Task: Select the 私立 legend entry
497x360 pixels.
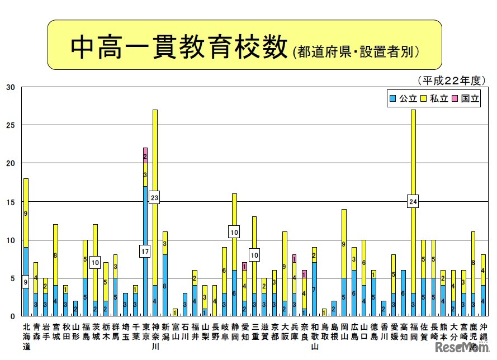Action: tap(434, 98)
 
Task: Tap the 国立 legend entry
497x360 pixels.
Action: tap(466, 98)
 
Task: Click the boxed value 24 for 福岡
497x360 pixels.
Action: tap(413, 202)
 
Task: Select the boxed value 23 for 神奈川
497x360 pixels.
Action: tap(154, 197)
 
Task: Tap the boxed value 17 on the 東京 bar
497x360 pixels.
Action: tap(144, 252)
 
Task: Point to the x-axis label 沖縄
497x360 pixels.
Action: tap(483, 331)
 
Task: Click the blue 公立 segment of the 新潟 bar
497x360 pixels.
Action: tap(164, 285)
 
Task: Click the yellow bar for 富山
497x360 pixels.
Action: tap(174, 312)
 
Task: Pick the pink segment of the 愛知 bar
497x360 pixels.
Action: tap(244, 267)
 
